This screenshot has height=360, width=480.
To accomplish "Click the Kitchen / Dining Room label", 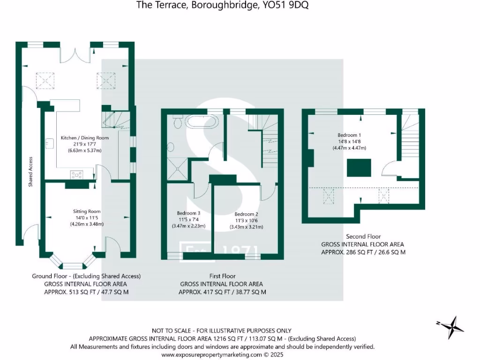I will point(85,138).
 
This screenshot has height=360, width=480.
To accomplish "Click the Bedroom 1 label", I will point(350,135).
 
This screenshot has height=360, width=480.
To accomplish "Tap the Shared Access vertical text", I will point(30,172).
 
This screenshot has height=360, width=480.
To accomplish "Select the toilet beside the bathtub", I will point(178,122).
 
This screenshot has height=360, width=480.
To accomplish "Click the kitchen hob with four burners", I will point(77,175).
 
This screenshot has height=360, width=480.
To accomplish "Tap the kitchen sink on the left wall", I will point(48,142).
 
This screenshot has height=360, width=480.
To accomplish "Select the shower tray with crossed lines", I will point(177,168).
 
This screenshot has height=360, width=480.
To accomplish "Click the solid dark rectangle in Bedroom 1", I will point(359,168).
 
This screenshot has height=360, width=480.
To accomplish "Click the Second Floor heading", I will point(363,237).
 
